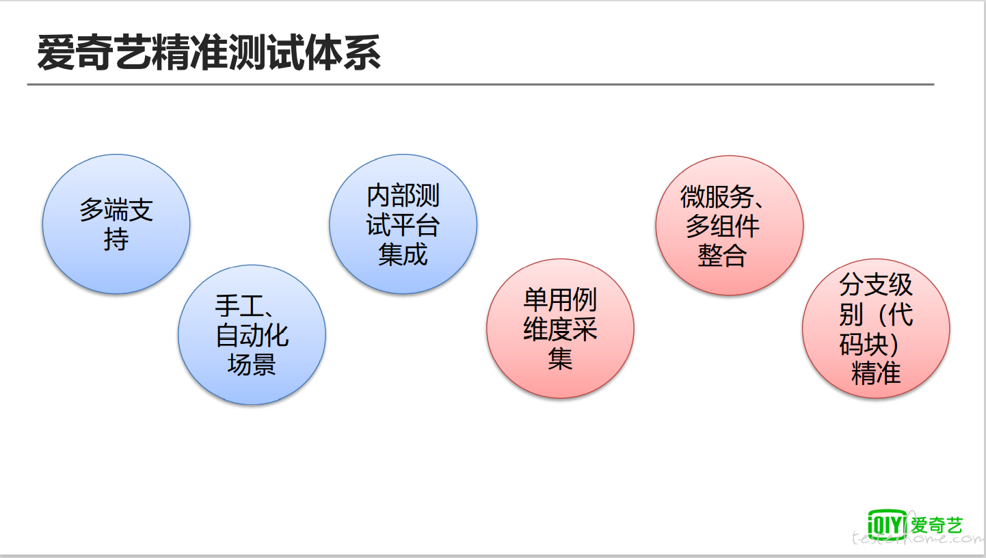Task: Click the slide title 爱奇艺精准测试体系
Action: [209, 53]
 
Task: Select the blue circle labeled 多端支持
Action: [116, 224]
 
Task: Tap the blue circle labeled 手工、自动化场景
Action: [252, 334]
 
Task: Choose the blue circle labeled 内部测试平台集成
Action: [403, 224]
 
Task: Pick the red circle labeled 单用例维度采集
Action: [560, 328]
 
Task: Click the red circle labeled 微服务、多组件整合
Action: [730, 225]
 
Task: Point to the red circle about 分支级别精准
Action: [876, 328]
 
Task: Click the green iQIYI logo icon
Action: [887, 524]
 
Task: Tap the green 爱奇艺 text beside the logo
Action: [936, 525]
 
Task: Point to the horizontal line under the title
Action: [481, 84]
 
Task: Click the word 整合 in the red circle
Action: [722, 256]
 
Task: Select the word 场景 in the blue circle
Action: [252, 364]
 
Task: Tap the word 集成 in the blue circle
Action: [403, 254]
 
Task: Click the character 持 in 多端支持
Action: [116, 240]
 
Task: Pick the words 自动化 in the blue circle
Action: [252, 335]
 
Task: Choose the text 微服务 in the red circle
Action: [717, 197]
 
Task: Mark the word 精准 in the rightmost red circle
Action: [876, 373]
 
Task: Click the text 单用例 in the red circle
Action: [560, 300]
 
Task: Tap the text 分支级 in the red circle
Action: [876, 284]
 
